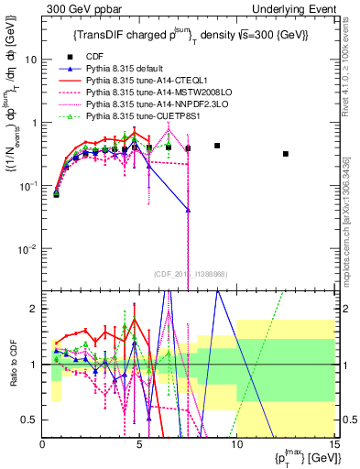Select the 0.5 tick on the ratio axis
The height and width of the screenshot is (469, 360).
pos(29,420)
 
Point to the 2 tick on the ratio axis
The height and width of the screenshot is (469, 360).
pos(34,309)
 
